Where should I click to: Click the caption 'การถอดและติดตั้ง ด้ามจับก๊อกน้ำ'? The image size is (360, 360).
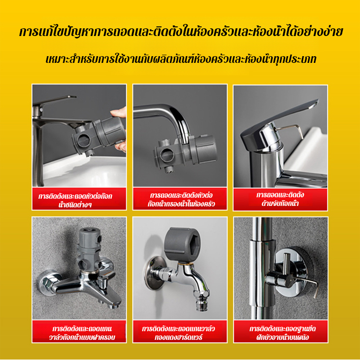point(280,199)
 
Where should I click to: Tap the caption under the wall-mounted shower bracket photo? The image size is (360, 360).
point(281,333)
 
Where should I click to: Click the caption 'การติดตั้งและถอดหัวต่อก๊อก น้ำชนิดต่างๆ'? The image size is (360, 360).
point(75,200)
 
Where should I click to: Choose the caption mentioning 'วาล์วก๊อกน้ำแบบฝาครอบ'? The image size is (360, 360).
point(82,333)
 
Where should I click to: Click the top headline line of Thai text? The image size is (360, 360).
point(181,32)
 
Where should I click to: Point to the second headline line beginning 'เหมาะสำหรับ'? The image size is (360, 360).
point(181,59)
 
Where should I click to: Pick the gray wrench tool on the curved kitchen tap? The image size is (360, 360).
point(185,152)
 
